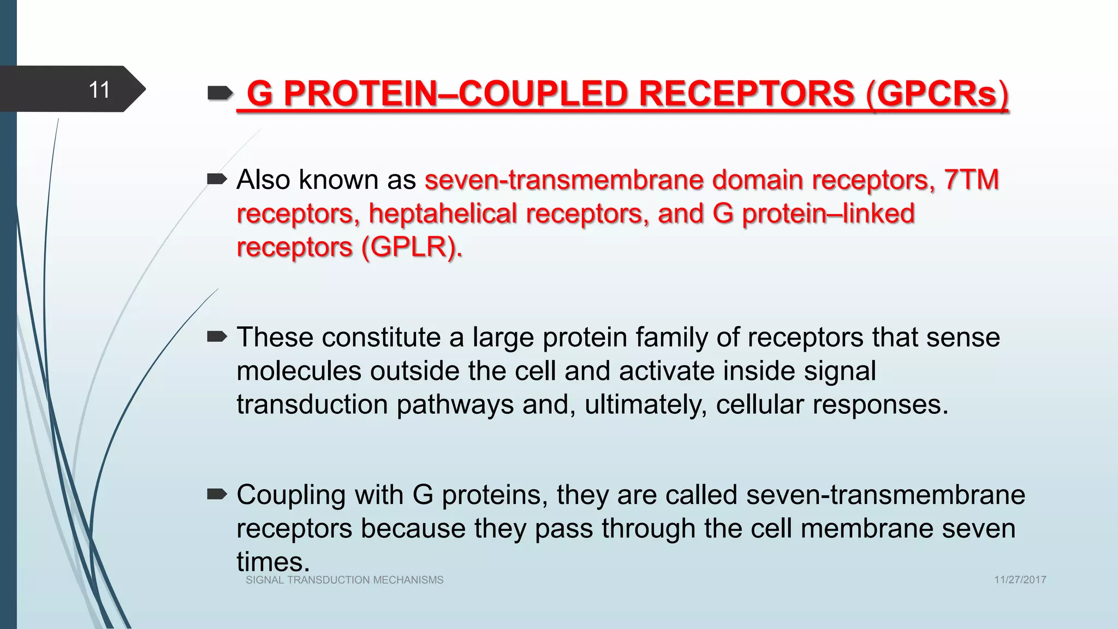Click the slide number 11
click(x=99, y=90)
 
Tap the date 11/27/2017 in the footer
click(x=1020, y=580)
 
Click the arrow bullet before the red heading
click(x=220, y=94)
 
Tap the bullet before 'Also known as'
click(x=217, y=179)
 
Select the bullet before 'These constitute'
click(x=217, y=337)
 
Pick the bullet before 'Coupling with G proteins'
click(x=217, y=495)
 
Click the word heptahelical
click(x=443, y=213)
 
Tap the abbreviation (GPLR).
click(x=412, y=247)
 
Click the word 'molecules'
click(x=299, y=371)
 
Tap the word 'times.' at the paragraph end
click(x=273, y=561)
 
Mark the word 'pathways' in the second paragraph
click(x=455, y=405)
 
